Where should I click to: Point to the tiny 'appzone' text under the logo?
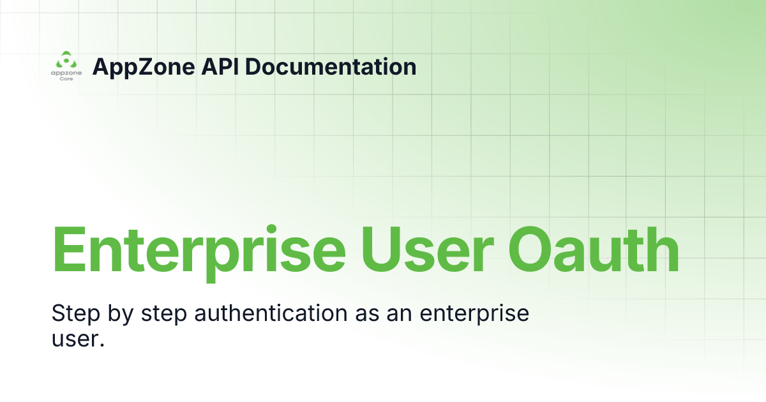tap(66, 73)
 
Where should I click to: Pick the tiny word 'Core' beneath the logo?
tap(66, 79)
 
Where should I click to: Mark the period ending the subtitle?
tap(101, 345)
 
